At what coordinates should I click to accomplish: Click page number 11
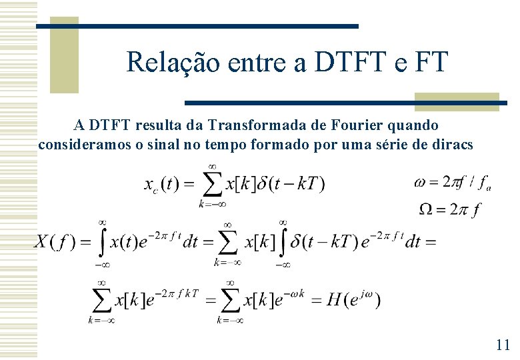click(x=503, y=345)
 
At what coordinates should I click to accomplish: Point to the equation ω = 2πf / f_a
click(x=453, y=182)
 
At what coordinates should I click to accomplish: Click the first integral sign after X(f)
click(x=103, y=242)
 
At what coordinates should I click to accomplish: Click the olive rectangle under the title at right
click(x=456, y=101)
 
